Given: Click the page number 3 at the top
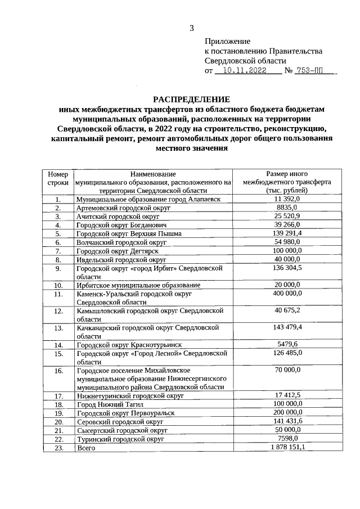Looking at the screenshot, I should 191,29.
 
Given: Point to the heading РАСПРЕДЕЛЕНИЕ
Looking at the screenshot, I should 192,99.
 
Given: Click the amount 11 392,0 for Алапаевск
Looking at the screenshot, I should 288,199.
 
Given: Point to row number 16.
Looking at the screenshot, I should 58,371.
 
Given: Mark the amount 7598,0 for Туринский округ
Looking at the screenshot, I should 288,438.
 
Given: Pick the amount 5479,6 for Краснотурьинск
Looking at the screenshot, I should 288,344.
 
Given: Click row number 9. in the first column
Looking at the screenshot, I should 58,269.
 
